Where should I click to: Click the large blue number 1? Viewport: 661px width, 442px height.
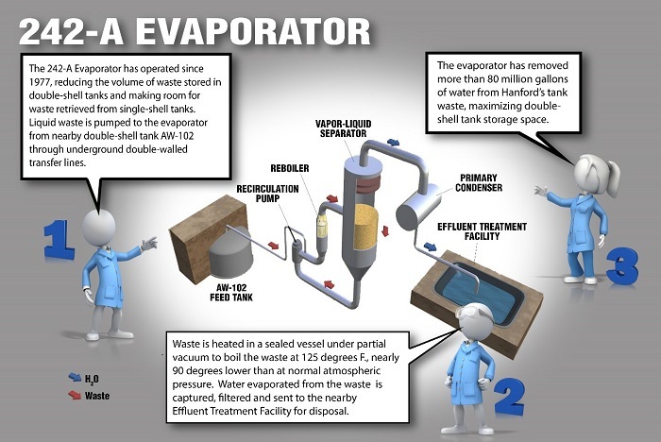(59, 240)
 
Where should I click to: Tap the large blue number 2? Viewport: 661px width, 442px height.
(510, 398)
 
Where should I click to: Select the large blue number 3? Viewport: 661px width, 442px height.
(622, 266)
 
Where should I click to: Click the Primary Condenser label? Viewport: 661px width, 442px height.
(479, 182)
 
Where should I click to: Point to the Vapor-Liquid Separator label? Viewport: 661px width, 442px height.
(343, 128)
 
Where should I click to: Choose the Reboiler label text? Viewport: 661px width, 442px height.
(290, 168)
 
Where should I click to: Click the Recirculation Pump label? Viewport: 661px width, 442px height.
(267, 194)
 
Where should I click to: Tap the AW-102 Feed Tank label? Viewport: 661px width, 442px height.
(231, 292)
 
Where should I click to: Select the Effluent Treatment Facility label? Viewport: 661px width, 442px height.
(482, 231)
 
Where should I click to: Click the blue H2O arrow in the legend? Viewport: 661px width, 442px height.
(75, 377)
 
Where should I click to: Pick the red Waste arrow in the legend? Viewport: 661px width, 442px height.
(75, 395)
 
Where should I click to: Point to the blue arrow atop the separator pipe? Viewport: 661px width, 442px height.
(394, 142)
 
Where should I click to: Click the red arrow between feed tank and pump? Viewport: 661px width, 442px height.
(274, 245)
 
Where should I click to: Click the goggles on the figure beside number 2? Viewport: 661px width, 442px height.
(473, 314)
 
